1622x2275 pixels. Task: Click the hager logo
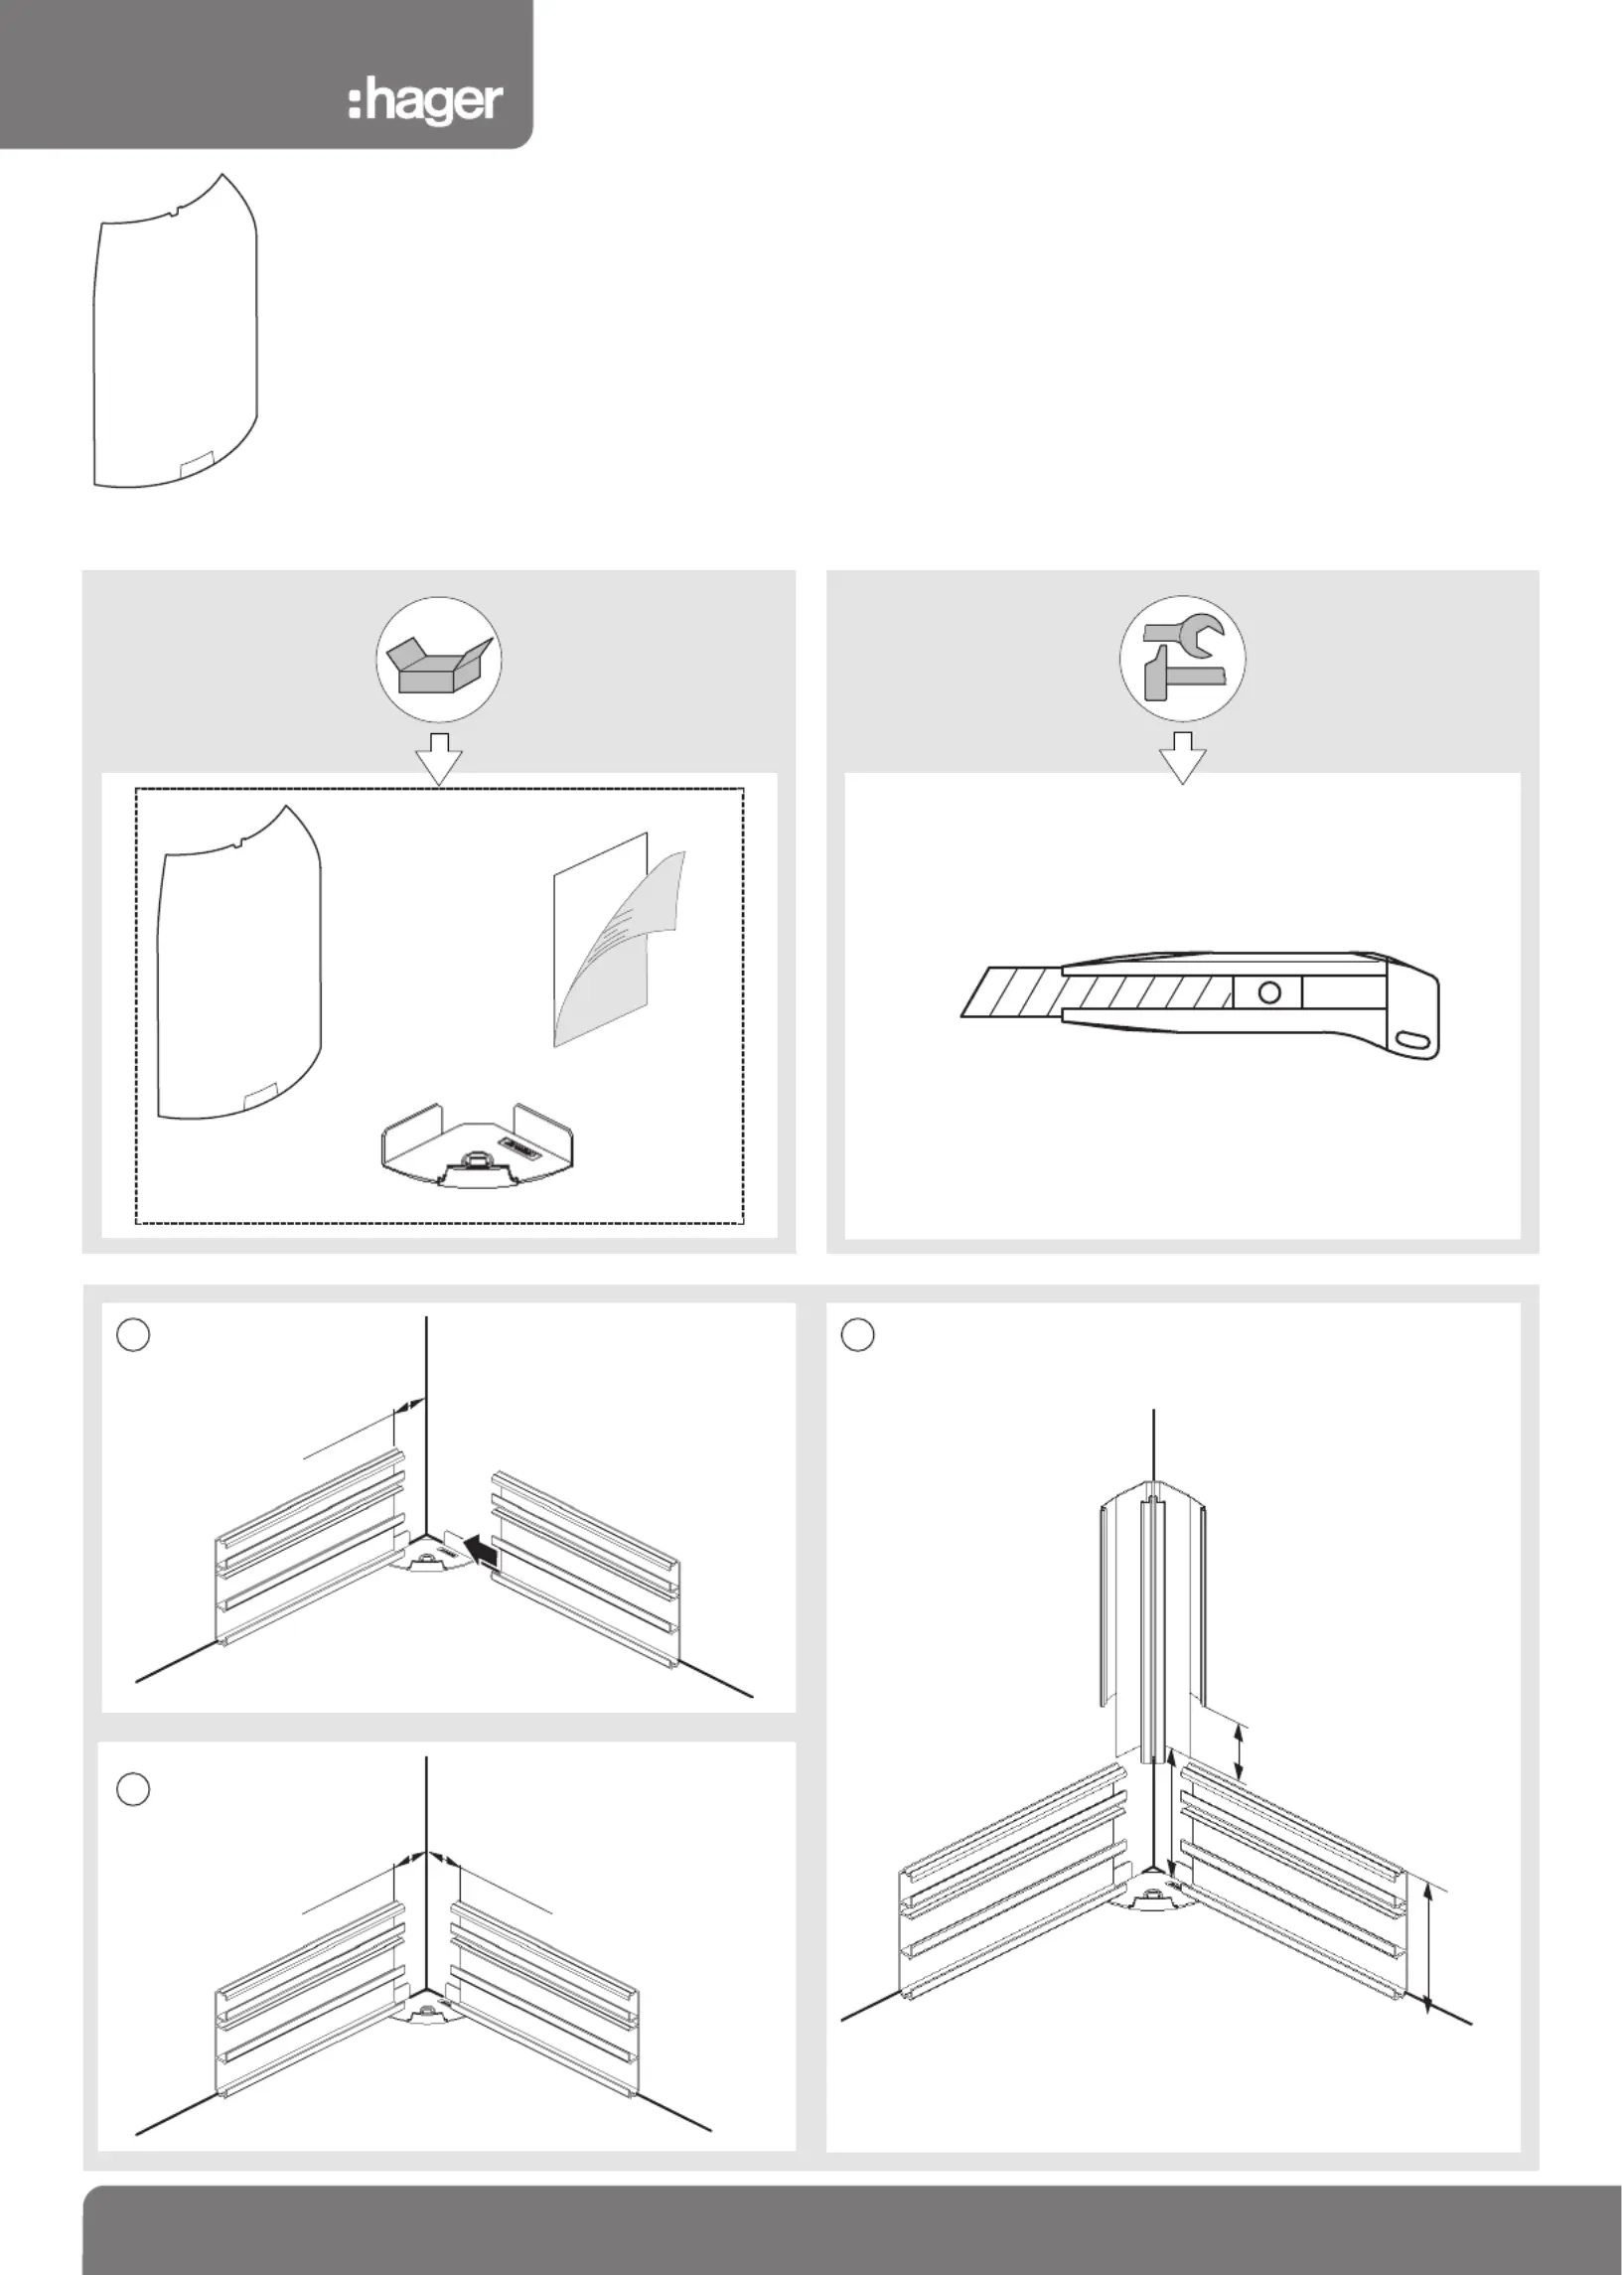pyautogui.click(x=424, y=104)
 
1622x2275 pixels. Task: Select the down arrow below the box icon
pyautogui.click(x=439, y=757)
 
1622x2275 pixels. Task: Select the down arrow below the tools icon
pyautogui.click(x=1184, y=757)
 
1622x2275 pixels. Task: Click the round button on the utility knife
pyautogui.click(x=1269, y=992)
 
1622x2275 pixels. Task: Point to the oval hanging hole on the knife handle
pyautogui.click(x=1412, y=1038)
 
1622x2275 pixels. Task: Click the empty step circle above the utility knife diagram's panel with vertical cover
pyautogui.click(x=858, y=1335)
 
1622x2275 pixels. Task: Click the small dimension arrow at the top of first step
pyautogui.click(x=410, y=1405)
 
